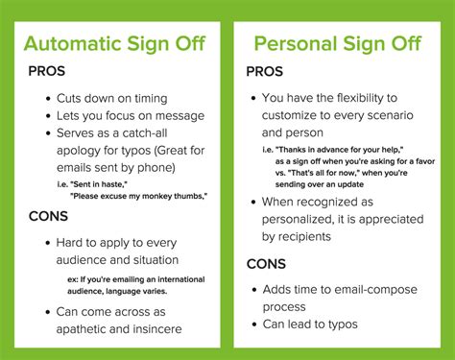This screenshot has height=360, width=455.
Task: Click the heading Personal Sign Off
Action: pos(338,44)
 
